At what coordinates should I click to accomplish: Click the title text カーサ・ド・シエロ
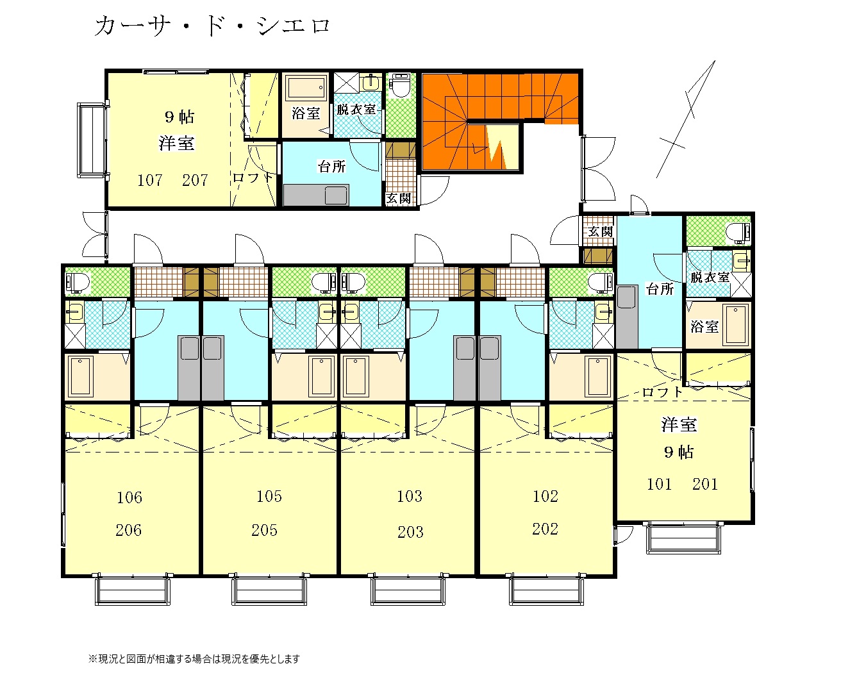point(212,26)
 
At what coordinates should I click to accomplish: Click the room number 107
point(149,180)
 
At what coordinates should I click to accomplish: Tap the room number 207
point(195,180)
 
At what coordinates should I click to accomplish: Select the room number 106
point(129,497)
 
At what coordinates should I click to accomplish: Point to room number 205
point(264,530)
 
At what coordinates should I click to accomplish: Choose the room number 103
point(410,496)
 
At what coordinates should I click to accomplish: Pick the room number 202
point(545,529)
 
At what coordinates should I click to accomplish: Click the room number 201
point(704,485)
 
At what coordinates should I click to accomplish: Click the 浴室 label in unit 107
point(306,113)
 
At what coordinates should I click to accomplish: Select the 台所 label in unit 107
point(331,167)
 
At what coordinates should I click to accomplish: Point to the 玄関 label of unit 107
point(399,198)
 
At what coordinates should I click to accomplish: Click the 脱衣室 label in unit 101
point(710,278)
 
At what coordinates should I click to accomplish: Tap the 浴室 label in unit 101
point(704,326)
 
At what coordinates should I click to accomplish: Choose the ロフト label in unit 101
point(662,392)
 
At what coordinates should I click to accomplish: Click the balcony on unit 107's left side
point(92,140)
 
